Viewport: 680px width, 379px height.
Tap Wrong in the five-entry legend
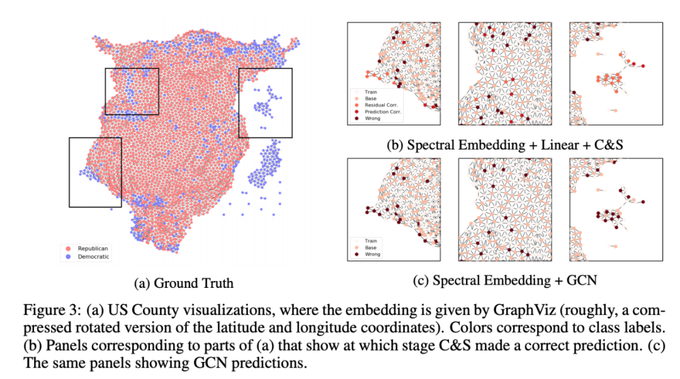click(373, 118)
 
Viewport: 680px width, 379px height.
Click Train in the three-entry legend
click(371, 241)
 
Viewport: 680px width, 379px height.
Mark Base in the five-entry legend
click(371, 97)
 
